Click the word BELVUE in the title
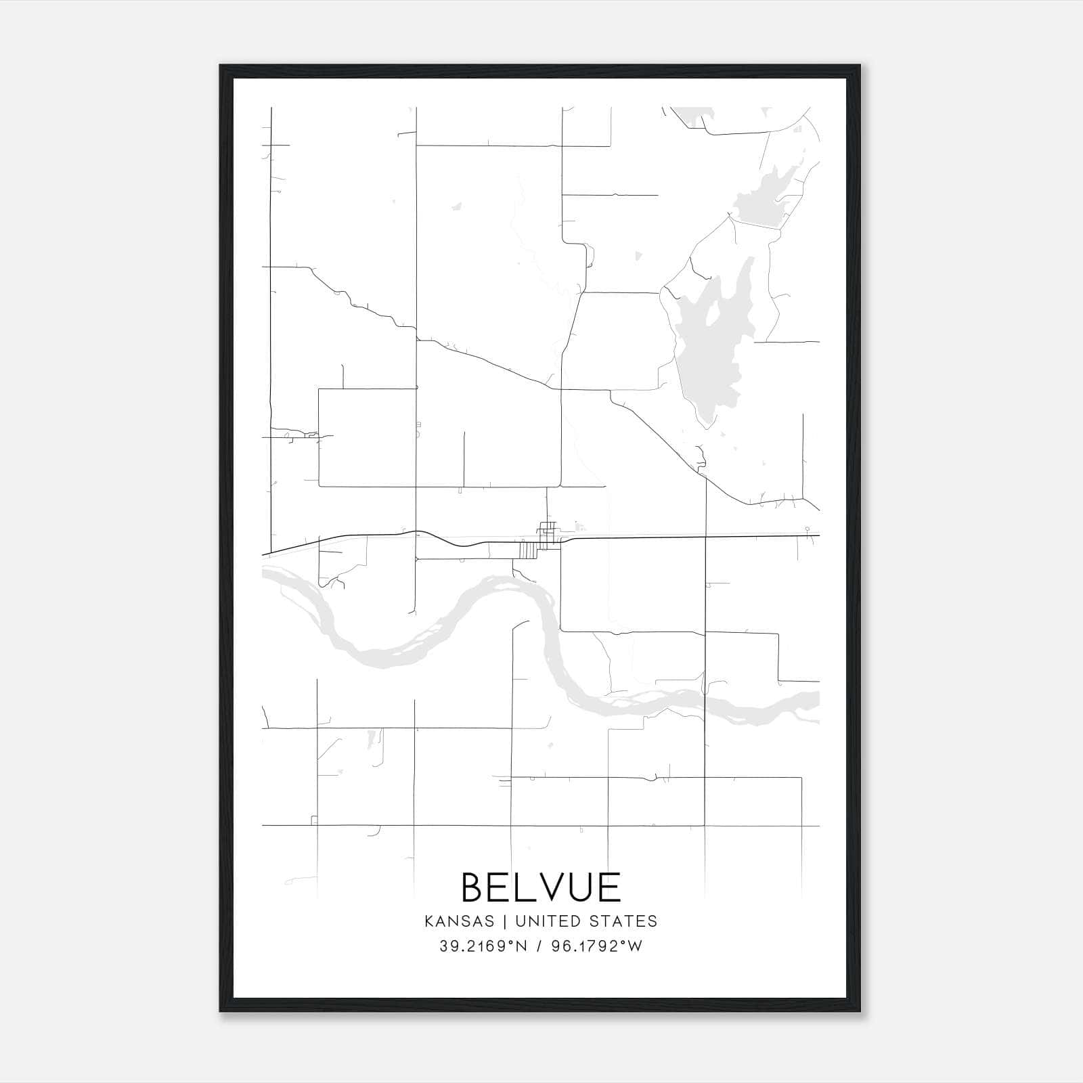point(541,887)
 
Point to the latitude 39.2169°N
point(483,946)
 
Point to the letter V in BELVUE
point(553,887)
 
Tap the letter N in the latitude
point(522,946)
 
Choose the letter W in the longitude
point(634,946)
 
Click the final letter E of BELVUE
point(610,887)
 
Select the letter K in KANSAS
point(429,921)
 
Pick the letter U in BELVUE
point(582,887)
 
